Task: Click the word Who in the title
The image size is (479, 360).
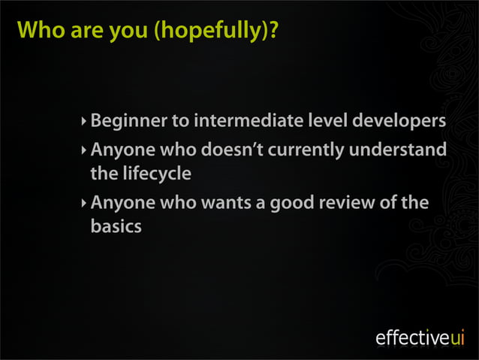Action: coord(37,31)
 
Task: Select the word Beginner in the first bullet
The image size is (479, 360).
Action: coord(126,121)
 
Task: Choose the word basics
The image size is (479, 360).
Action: coord(116,226)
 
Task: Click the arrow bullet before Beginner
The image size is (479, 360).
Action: coord(84,120)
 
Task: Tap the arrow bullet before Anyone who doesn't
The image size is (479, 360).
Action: coord(84,150)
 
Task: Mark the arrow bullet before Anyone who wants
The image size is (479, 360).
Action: coord(84,203)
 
